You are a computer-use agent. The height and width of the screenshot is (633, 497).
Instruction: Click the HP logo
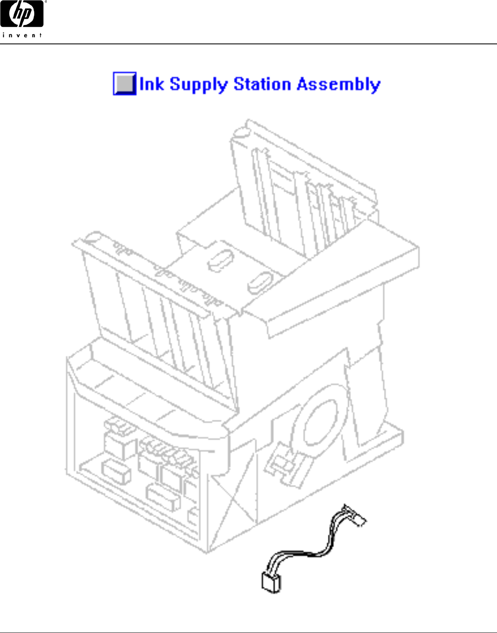[x=22, y=14]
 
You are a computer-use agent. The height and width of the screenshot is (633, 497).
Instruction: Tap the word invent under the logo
[x=22, y=35]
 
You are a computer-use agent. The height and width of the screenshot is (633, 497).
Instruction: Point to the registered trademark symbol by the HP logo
[x=45, y=2]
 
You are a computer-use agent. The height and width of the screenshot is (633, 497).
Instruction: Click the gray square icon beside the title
[x=124, y=84]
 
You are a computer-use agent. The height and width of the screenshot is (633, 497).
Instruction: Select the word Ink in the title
[x=152, y=84]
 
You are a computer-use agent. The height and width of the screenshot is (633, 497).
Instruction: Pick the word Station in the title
[x=262, y=84]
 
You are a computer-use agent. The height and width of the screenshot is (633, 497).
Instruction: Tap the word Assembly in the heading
[x=338, y=84]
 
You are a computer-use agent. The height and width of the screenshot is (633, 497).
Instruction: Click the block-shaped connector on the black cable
[x=271, y=582]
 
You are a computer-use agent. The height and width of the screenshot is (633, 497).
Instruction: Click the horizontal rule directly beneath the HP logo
[x=248, y=44]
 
